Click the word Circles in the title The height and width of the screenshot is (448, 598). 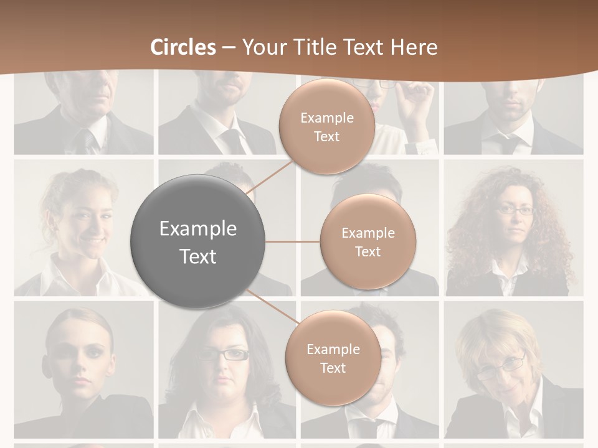point(183,47)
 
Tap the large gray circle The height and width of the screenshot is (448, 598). point(197,241)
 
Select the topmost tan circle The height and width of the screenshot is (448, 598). point(326,126)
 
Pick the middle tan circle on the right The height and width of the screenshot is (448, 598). point(368,241)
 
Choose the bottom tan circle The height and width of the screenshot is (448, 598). point(333,358)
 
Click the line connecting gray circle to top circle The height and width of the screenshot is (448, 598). point(272,178)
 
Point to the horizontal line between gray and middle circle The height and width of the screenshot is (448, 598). point(293,241)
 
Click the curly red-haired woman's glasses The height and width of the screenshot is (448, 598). point(515,210)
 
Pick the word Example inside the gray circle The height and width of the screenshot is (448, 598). point(197,228)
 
